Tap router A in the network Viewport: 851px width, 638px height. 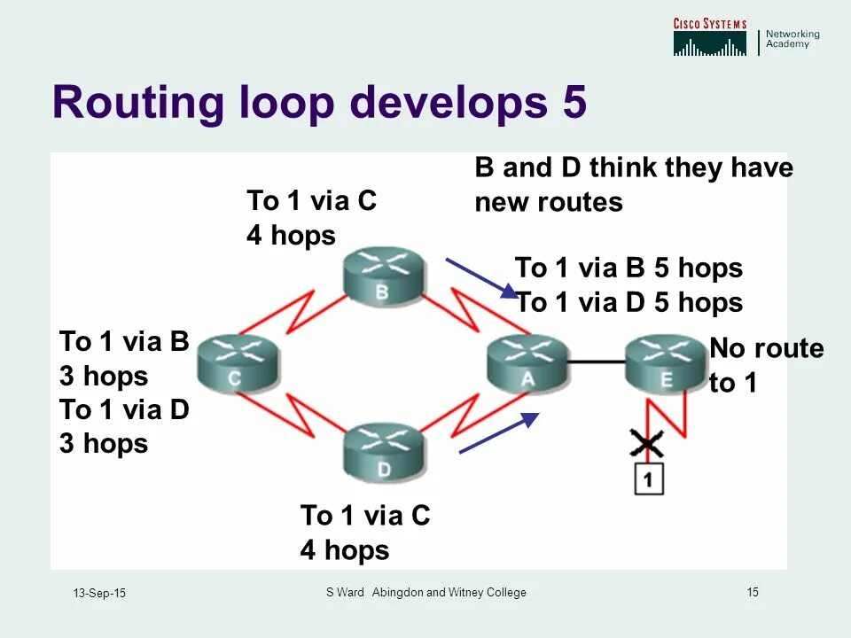(x=527, y=365)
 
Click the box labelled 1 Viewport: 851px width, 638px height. (x=649, y=478)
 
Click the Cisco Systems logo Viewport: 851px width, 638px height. (x=709, y=37)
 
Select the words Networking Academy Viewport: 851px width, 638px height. (x=792, y=39)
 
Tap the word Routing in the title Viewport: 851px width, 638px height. (x=138, y=104)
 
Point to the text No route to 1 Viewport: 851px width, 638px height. (x=766, y=366)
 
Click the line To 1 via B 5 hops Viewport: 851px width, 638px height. (x=628, y=268)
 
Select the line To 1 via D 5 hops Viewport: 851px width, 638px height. (x=628, y=303)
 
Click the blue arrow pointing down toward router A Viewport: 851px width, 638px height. (x=481, y=277)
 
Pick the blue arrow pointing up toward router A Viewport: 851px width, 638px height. (x=498, y=432)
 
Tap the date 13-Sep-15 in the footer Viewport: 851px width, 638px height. (x=99, y=593)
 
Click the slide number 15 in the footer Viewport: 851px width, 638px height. (x=753, y=592)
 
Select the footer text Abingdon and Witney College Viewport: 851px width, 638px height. (x=449, y=592)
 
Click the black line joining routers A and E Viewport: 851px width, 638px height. (x=596, y=362)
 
